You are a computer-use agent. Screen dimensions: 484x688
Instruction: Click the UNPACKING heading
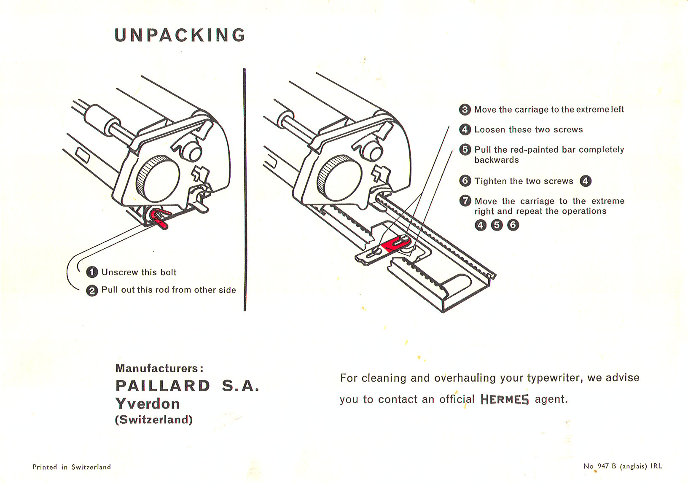point(180,35)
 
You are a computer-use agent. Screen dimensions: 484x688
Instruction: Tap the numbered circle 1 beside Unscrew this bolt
point(92,272)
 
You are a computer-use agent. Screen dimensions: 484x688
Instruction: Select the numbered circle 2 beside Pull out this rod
point(92,290)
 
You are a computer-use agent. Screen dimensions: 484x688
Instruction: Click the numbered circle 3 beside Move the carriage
point(465,110)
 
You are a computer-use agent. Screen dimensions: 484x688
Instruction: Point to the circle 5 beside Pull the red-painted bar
point(465,150)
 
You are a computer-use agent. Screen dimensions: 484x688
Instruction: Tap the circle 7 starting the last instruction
point(465,201)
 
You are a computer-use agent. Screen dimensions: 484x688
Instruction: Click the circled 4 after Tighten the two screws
point(586,181)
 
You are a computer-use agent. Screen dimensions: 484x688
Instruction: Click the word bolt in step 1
point(168,272)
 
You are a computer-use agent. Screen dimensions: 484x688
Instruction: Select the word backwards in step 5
point(497,160)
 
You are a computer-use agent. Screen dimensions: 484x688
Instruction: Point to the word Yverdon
point(148,404)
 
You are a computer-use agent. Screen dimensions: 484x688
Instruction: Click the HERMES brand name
point(504,399)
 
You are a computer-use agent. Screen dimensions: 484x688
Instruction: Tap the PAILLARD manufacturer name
point(163,386)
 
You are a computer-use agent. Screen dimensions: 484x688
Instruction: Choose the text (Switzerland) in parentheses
point(154,420)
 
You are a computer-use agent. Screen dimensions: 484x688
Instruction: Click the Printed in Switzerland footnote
point(72,467)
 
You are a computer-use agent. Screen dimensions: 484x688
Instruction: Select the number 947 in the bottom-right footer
point(603,466)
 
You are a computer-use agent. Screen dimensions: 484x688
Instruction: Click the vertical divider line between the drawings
point(245,190)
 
